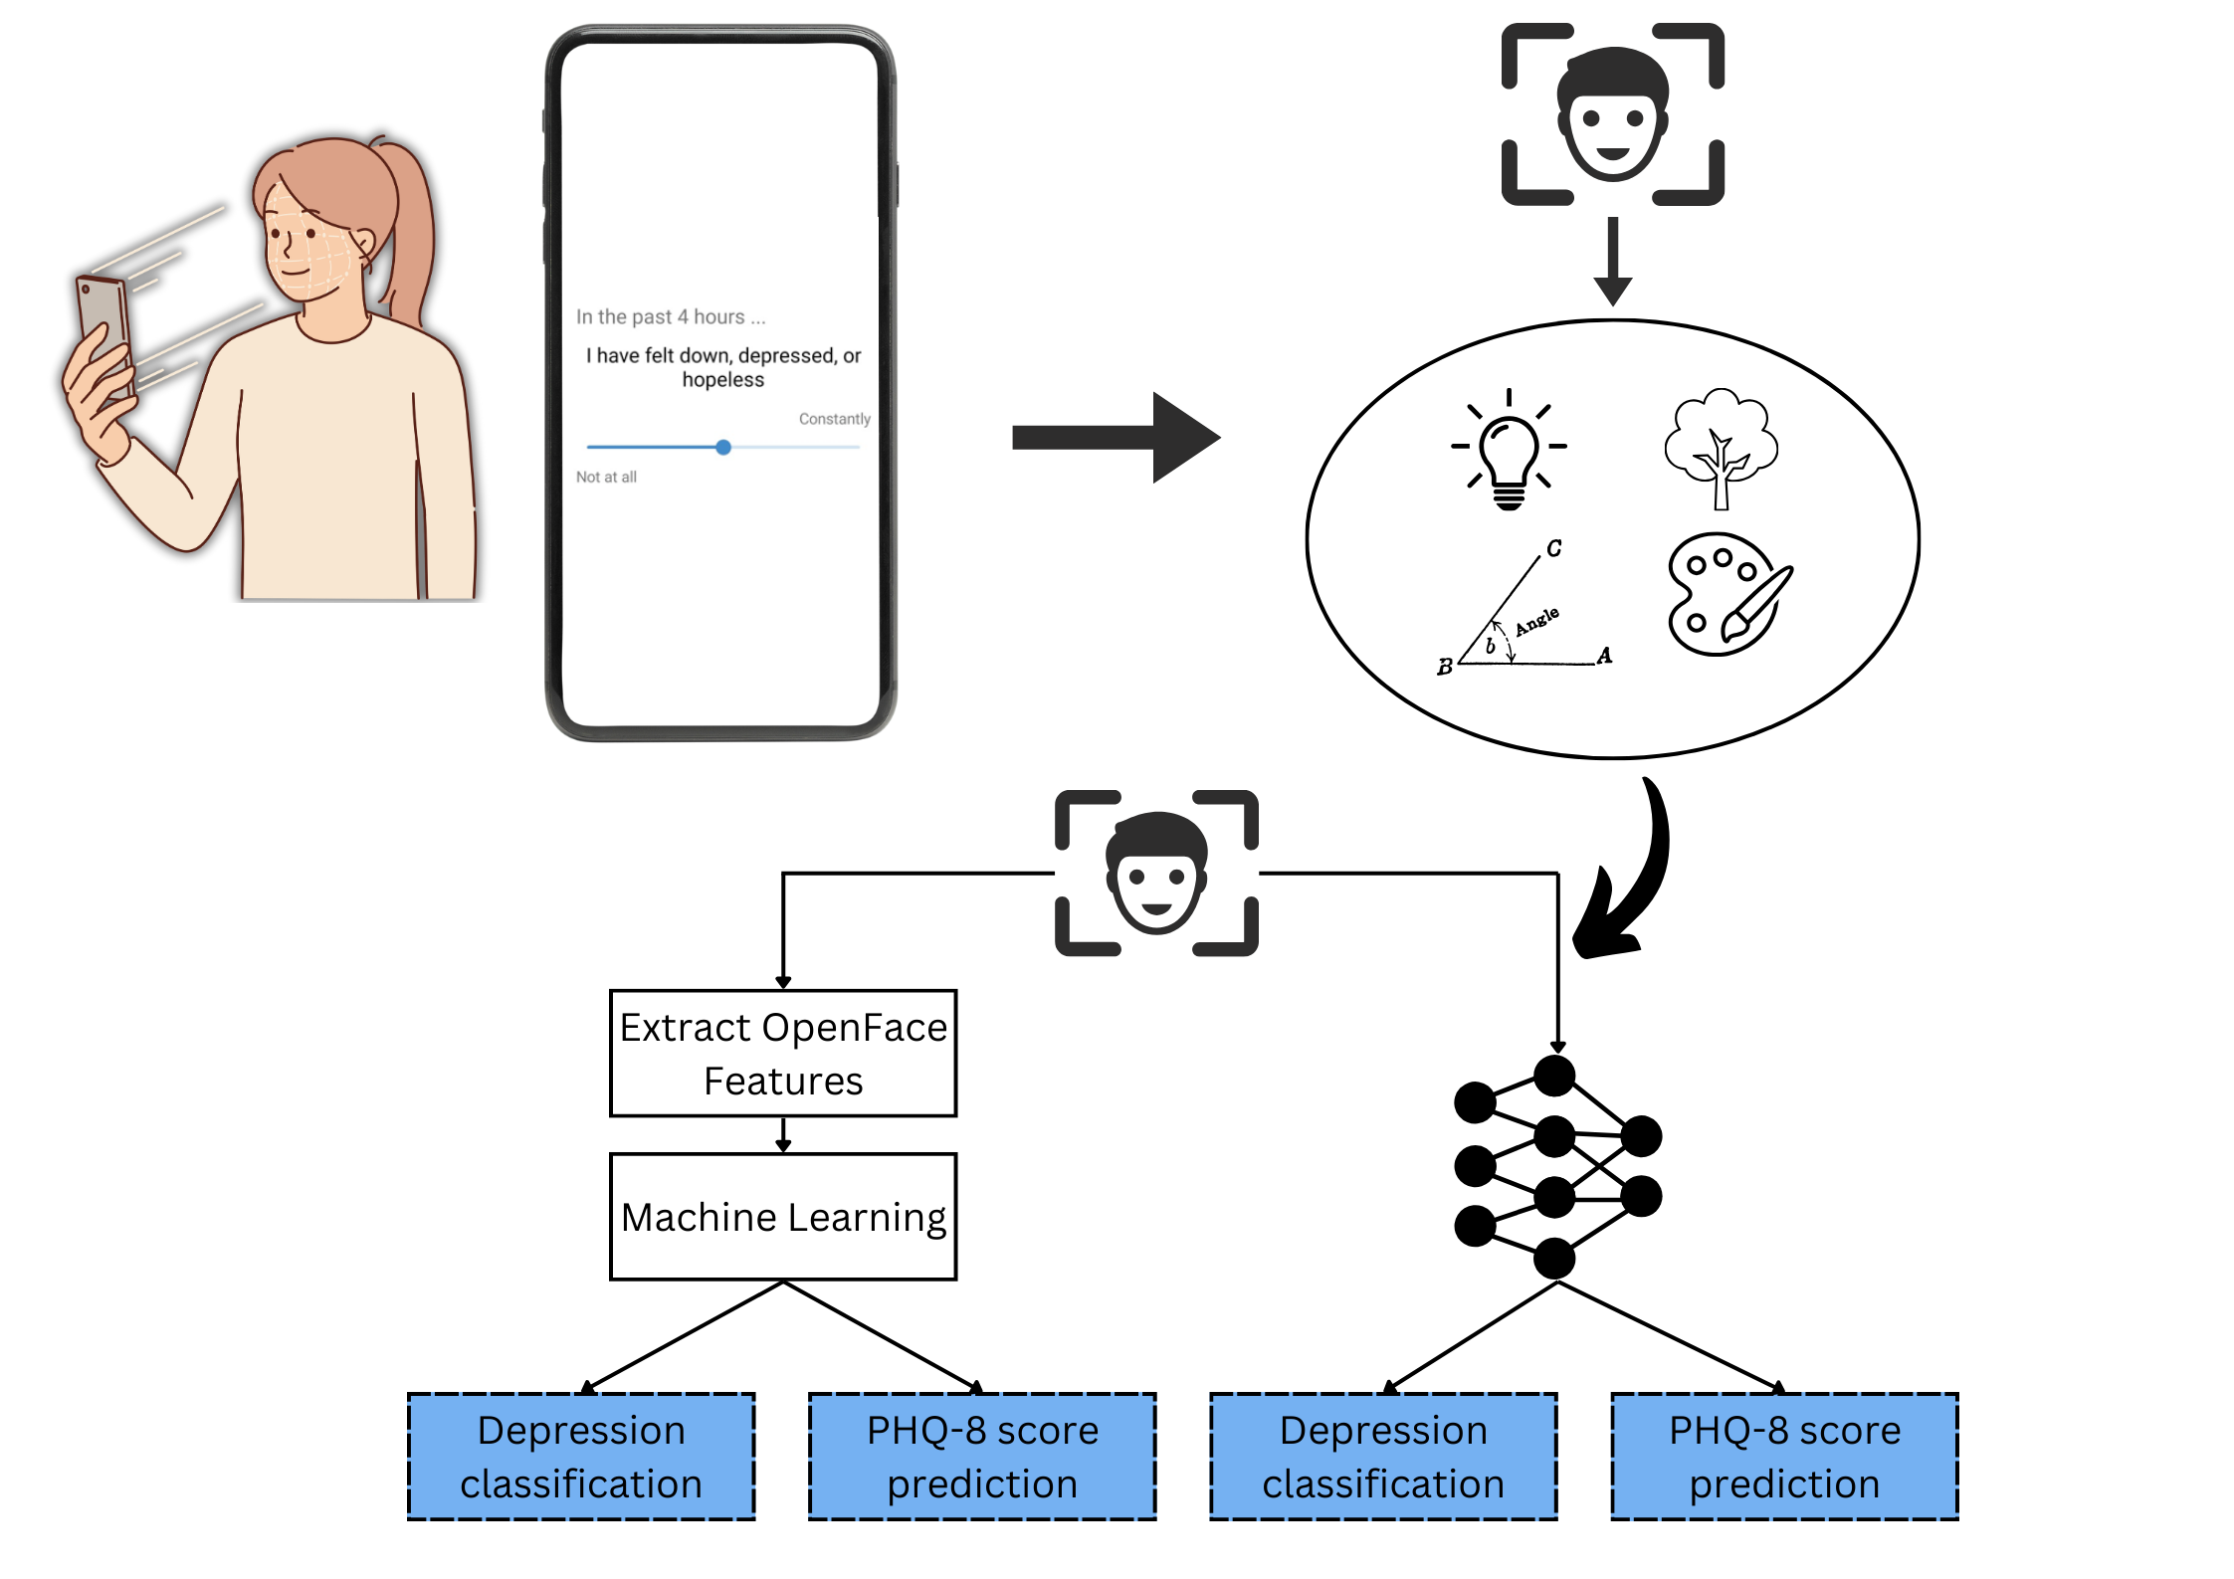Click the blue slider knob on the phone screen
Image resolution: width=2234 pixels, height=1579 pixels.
click(723, 448)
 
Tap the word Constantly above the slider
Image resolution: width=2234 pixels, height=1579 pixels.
click(834, 419)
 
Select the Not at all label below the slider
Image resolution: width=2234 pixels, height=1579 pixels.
click(606, 478)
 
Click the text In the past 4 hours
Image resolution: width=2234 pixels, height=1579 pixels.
click(670, 317)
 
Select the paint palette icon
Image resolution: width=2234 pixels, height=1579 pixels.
click(1726, 595)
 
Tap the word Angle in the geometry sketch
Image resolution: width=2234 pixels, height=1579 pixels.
click(1536, 621)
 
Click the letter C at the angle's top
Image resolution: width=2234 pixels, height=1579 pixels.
click(1554, 548)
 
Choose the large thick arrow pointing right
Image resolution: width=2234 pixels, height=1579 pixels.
click(1115, 438)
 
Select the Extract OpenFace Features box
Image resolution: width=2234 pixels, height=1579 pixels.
click(783, 1054)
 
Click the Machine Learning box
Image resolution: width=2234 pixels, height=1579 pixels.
click(783, 1217)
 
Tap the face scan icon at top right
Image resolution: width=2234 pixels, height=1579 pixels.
click(1612, 114)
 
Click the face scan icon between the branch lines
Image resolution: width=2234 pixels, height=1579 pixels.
click(1156, 874)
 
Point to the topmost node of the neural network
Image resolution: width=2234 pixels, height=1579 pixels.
click(1553, 1076)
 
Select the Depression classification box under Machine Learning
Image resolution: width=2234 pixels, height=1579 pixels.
click(581, 1457)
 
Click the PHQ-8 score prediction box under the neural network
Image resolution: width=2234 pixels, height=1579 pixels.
click(1784, 1457)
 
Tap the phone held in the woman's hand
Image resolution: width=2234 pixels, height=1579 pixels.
click(103, 328)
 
